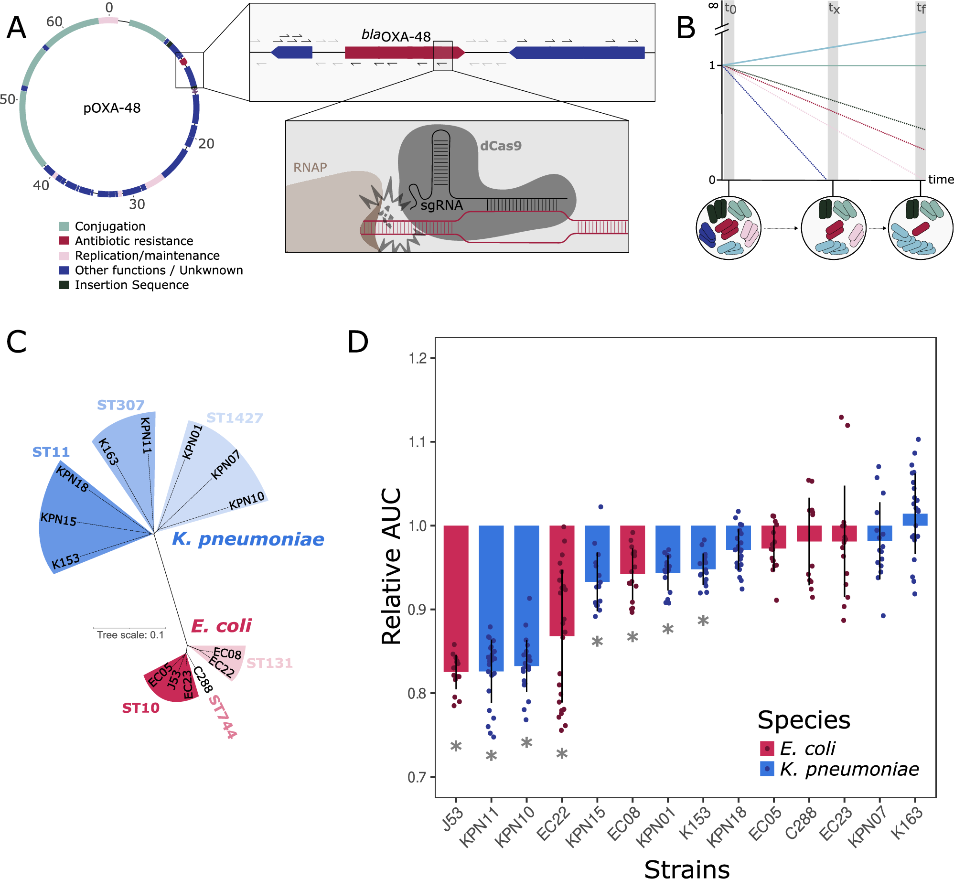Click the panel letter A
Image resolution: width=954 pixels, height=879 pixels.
click(16, 28)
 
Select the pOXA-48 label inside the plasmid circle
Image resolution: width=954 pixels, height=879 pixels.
click(112, 108)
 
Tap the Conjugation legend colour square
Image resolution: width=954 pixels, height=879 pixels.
click(64, 226)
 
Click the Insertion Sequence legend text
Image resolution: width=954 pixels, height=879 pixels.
click(131, 285)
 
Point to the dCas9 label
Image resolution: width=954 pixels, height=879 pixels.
click(500, 146)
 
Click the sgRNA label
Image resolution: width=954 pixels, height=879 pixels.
click(441, 205)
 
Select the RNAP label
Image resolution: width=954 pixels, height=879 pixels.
click(310, 168)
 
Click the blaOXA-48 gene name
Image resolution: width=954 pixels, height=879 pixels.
click(396, 35)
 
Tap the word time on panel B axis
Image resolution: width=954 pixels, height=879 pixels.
click(941, 180)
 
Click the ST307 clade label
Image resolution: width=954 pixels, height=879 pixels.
click(120, 405)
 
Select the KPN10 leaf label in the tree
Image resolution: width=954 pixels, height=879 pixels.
click(247, 501)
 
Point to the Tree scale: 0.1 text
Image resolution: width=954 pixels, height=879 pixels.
click(130, 635)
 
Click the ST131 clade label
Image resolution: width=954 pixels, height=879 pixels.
click(269, 663)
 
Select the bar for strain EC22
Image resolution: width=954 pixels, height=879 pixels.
click(562, 580)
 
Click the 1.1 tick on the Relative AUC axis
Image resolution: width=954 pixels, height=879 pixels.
click(418, 442)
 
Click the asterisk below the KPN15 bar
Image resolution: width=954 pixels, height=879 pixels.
click(597, 642)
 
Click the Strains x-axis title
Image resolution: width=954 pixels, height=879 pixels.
click(686, 868)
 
